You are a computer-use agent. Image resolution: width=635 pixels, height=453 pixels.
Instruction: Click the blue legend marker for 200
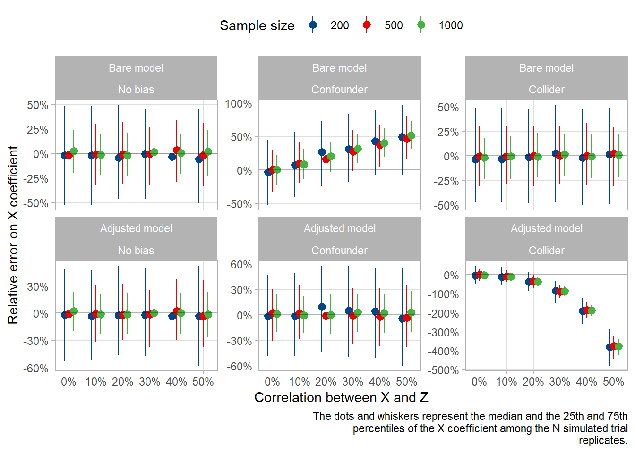coord(313,25)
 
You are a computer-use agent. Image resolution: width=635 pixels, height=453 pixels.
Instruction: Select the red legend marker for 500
coord(367,25)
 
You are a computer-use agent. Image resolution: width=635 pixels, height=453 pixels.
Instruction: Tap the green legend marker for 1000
coord(421,25)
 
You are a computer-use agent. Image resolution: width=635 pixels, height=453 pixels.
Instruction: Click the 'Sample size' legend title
coord(257,25)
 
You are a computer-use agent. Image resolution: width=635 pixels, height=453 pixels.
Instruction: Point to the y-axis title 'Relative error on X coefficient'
coord(13,235)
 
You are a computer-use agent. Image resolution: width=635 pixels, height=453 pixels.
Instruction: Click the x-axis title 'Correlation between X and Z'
coord(341,397)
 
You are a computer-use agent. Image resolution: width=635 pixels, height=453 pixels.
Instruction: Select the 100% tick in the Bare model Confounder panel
coord(238,103)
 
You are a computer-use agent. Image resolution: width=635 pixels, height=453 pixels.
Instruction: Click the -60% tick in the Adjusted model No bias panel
coord(35,369)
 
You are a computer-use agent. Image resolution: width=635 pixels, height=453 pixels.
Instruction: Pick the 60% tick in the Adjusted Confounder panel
coord(241,265)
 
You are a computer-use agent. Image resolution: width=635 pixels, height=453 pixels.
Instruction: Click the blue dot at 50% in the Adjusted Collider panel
coord(609,347)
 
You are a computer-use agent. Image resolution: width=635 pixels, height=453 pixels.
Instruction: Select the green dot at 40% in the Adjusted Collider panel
coord(592,310)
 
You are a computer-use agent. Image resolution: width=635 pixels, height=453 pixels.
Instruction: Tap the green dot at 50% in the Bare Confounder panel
coord(411,135)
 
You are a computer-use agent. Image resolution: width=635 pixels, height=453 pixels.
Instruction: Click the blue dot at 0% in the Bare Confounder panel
coord(268,172)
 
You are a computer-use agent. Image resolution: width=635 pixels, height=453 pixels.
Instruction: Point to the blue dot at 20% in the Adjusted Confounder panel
coord(322,307)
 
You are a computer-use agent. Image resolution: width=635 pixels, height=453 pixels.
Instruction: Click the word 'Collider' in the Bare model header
coord(546,90)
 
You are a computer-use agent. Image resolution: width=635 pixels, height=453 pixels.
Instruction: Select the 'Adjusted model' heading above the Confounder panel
coord(339,228)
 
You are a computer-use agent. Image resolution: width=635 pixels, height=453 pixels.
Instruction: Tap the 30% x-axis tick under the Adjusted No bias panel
coord(149,382)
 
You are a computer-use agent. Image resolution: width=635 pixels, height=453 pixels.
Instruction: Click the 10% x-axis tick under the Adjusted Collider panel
coord(506,382)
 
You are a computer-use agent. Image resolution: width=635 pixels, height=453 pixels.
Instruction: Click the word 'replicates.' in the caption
coord(603,440)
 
